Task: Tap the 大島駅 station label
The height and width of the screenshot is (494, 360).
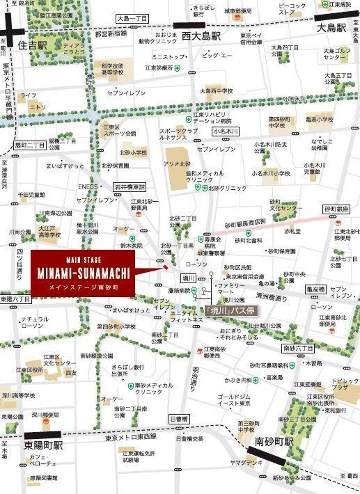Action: [331, 29]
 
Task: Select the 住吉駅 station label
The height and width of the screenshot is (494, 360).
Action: [33, 45]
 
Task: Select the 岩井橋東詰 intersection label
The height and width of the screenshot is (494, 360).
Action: [130, 186]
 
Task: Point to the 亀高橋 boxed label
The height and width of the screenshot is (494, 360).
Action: [316, 288]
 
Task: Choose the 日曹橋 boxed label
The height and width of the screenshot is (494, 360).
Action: [179, 419]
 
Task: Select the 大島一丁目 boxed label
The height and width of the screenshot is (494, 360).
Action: [133, 19]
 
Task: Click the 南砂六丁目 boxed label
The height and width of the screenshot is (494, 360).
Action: [298, 347]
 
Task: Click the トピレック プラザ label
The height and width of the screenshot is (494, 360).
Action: [345, 385]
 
